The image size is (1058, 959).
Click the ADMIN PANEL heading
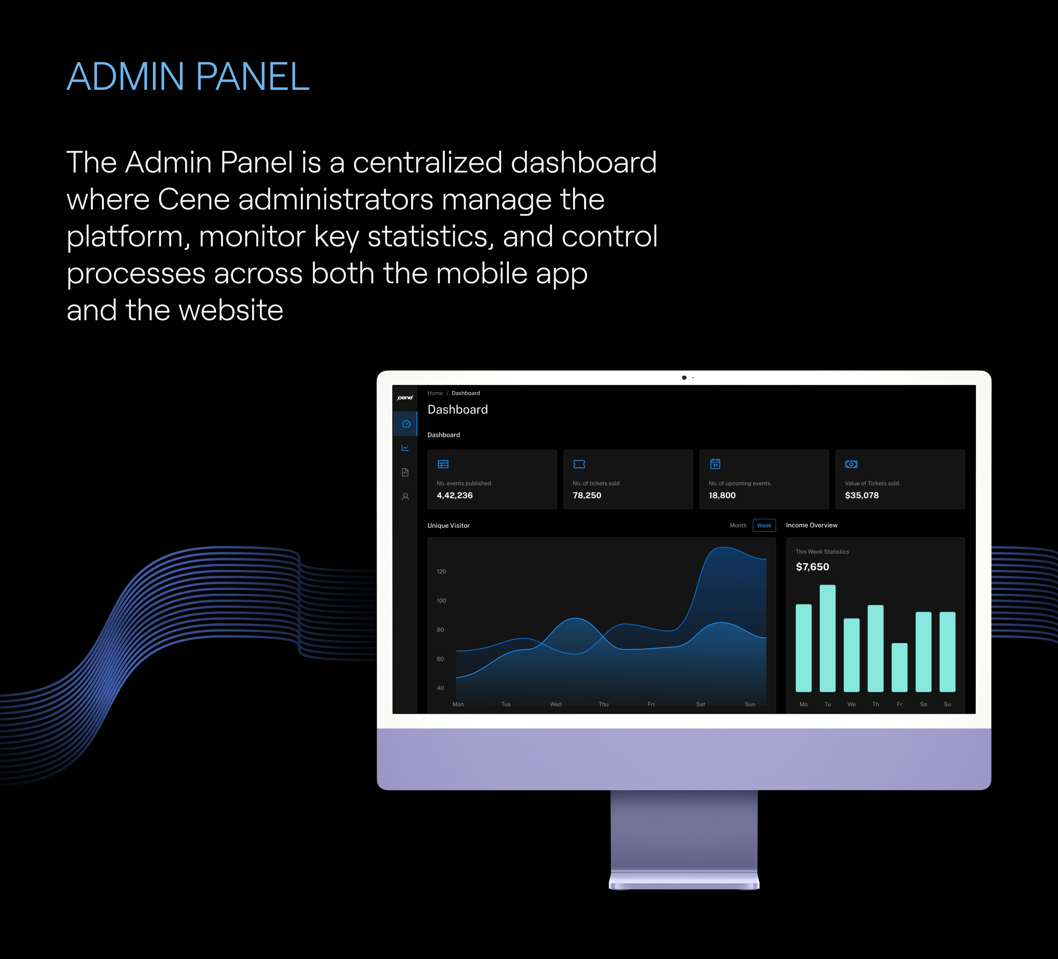pyautogui.click(x=188, y=77)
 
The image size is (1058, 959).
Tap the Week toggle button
pyautogui.click(x=764, y=526)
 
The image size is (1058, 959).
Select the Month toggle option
pyautogui.click(x=738, y=526)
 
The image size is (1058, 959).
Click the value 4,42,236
pyautogui.click(x=455, y=495)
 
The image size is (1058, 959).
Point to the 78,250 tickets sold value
pyautogui.click(x=587, y=495)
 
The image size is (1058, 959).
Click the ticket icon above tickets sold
pyautogui.click(x=579, y=464)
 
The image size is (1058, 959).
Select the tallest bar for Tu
pyautogui.click(x=827, y=638)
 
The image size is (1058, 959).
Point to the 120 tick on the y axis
pyautogui.click(x=441, y=572)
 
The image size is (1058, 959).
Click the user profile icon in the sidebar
pyautogui.click(x=405, y=497)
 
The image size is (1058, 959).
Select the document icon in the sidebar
pyautogui.click(x=405, y=472)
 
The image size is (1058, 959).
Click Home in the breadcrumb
pyautogui.click(x=435, y=393)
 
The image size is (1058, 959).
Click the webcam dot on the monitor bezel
pyautogui.click(x=684, y=378)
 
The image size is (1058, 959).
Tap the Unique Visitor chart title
pyautogui.click(x=448, y=526)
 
